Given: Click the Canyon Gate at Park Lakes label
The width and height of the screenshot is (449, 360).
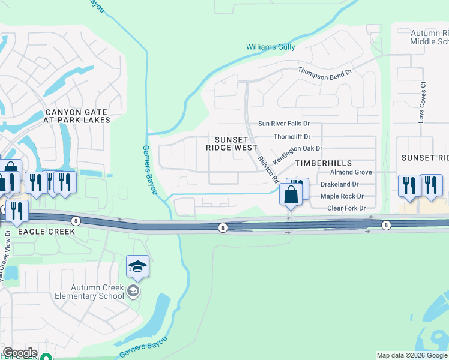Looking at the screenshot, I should point(77,116).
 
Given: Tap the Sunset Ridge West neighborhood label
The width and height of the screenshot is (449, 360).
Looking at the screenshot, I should point(231,143).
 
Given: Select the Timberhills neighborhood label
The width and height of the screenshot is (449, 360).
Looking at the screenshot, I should point(322,163).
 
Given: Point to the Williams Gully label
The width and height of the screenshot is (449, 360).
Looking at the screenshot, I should point(271,47).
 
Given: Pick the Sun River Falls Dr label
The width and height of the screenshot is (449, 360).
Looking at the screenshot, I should point(283,123).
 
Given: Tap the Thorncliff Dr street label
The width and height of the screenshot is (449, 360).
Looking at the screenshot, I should point(292,136).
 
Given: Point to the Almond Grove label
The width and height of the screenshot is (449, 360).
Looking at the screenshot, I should point(351,172).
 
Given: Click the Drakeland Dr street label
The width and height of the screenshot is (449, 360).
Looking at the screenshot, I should point(339,184).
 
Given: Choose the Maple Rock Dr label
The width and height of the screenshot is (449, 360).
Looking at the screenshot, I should point(342,196).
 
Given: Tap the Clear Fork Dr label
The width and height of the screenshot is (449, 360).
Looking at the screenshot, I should point(346,208).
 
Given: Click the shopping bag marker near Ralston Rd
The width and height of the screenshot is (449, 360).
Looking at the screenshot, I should point(291,195).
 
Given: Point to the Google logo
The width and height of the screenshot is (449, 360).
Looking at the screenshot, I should point(20,353).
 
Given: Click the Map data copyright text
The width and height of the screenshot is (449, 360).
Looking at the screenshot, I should point(412,355).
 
